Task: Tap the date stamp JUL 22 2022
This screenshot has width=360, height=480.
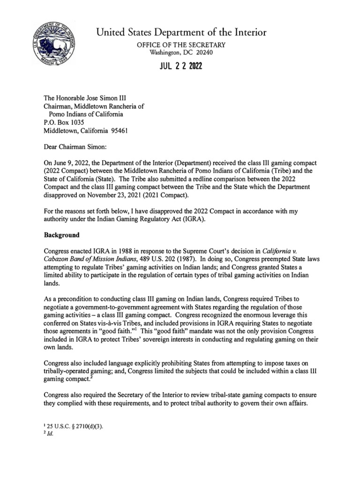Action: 180,67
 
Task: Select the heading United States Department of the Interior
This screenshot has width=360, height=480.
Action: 181,32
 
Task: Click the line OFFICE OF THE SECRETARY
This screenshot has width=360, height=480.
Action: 180,45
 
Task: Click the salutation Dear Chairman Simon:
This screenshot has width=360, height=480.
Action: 75,147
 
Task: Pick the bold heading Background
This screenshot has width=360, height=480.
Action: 61,234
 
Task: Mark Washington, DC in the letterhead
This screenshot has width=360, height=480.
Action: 170,52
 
